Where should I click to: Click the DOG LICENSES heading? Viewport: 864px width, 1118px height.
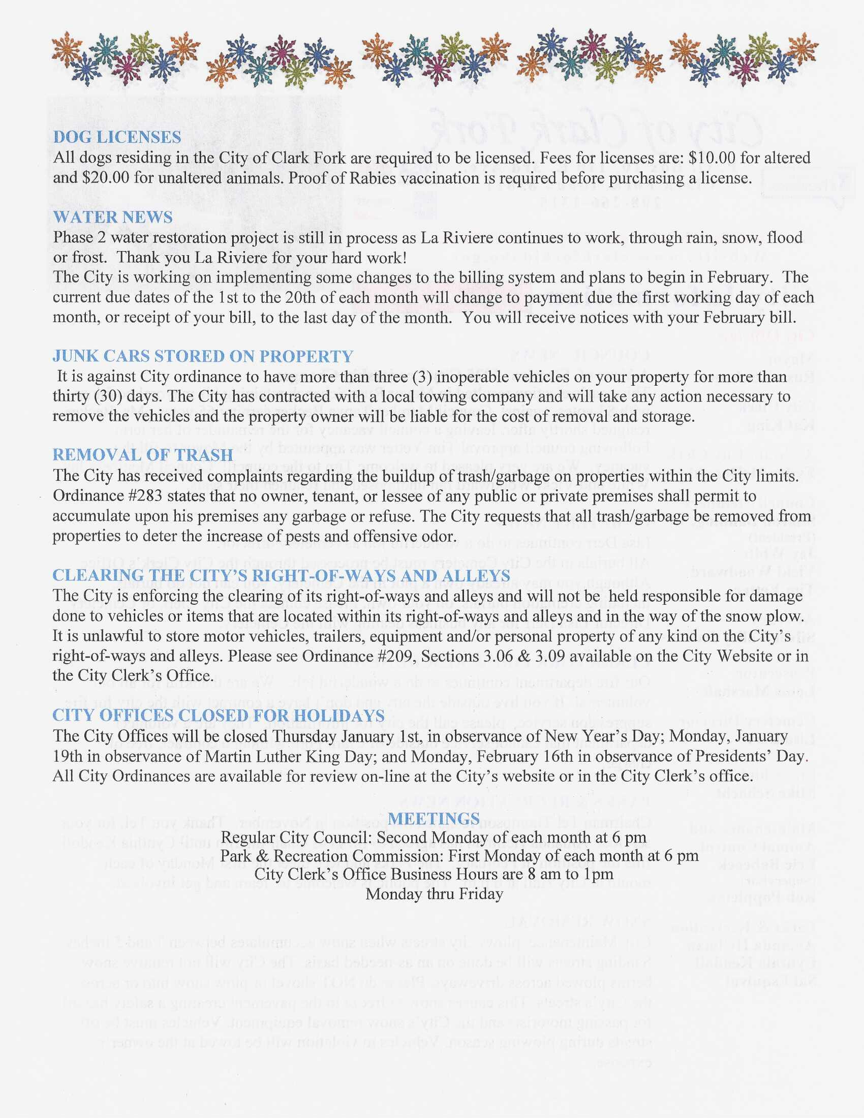pyautogui.click(x=117, y=137)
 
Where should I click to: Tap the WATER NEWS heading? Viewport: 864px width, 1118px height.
pyautogui.click(x=113, y=217)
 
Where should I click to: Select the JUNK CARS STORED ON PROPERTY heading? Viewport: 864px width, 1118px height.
pyautogui.click(x=203, y=356)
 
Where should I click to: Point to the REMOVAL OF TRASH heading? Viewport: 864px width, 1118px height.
pyautogui.click(x=143, y=455)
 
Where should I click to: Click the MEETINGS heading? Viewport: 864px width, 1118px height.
pyautogui.click(x=434, y=819)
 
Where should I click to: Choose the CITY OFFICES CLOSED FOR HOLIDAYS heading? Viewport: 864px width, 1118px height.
pyautogui.click(x=219, y=716)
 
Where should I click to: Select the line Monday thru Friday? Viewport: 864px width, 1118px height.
pyautogui.click(x=434, y=894)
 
